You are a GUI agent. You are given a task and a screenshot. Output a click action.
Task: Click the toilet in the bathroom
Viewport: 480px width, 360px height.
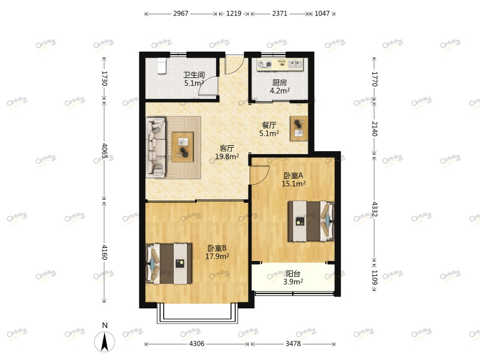161,66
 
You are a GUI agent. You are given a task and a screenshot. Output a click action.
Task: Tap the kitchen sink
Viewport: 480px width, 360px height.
295,64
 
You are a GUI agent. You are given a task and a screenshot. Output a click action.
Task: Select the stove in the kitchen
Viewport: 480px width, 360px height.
265,64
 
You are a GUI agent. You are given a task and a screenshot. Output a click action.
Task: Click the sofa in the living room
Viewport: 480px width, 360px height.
156,147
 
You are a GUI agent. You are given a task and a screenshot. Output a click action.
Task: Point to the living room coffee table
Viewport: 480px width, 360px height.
183,147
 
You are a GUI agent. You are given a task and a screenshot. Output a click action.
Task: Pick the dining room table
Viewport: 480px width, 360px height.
299,128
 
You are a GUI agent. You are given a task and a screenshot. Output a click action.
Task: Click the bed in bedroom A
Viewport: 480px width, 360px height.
310,221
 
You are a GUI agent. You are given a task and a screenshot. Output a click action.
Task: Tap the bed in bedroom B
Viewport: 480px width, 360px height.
169,263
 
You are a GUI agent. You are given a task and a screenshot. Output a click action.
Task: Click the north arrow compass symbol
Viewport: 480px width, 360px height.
104,341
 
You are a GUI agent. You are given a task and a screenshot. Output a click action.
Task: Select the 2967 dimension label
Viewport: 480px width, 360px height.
181,13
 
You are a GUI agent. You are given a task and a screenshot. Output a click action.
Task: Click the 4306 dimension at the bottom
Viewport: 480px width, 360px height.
197,343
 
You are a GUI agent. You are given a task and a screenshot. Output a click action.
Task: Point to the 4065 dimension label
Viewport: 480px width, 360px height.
104,151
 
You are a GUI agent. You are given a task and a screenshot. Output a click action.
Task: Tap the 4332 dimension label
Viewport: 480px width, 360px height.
374,209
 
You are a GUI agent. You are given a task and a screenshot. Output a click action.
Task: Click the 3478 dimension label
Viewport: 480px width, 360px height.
293,343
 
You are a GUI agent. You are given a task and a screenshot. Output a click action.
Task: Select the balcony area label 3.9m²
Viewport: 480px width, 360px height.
293,282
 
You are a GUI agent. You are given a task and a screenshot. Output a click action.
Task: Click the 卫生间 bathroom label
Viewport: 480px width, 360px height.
194,74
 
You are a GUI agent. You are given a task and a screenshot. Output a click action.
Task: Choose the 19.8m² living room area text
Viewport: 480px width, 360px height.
227,157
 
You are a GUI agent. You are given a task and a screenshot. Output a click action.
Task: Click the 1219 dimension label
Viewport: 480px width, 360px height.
234,13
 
